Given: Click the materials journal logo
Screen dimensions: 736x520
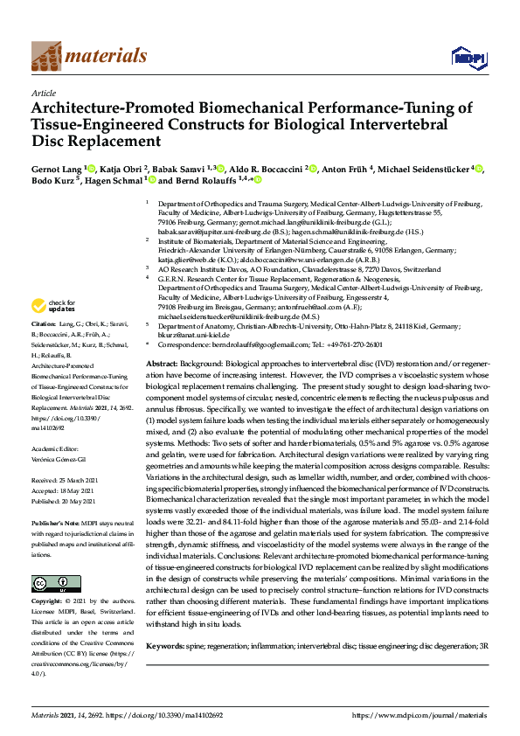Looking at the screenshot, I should click(88, 56).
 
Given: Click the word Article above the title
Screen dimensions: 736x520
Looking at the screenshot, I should click(44, 92).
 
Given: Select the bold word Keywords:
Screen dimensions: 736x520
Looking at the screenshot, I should click(165, 645).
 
